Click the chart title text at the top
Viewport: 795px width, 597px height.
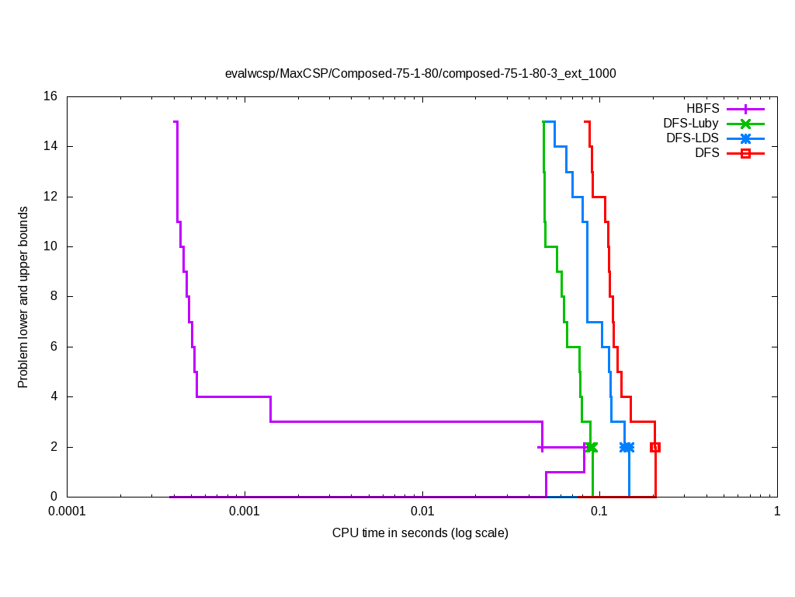tap(420, 74)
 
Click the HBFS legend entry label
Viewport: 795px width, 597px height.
tap(703, 108)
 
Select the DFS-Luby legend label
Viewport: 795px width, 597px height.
tap(691, 123)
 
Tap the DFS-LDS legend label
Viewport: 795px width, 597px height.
tap(693, 138)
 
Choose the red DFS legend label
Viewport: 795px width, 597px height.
tap(707, 153)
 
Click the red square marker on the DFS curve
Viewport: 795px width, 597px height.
tap(655, 447)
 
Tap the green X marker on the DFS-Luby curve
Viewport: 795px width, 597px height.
tap(592, 447)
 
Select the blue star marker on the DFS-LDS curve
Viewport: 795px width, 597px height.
tap(627, 447)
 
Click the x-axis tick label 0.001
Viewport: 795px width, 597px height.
tap(245, 511)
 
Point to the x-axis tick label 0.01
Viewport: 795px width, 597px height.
tap(422, 511)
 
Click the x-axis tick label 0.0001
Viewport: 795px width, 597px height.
tap(67, 511)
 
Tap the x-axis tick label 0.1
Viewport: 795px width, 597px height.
tap(599, 511)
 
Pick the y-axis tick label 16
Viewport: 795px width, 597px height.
tap(51, 96)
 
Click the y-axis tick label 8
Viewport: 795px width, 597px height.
tap(54, 296)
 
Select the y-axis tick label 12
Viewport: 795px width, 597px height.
tap(51, 197)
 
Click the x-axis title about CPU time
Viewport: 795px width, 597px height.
tap(420, 532)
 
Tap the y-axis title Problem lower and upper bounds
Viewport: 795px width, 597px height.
tap(23, 297)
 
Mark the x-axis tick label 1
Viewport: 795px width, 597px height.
tap(776, 511)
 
